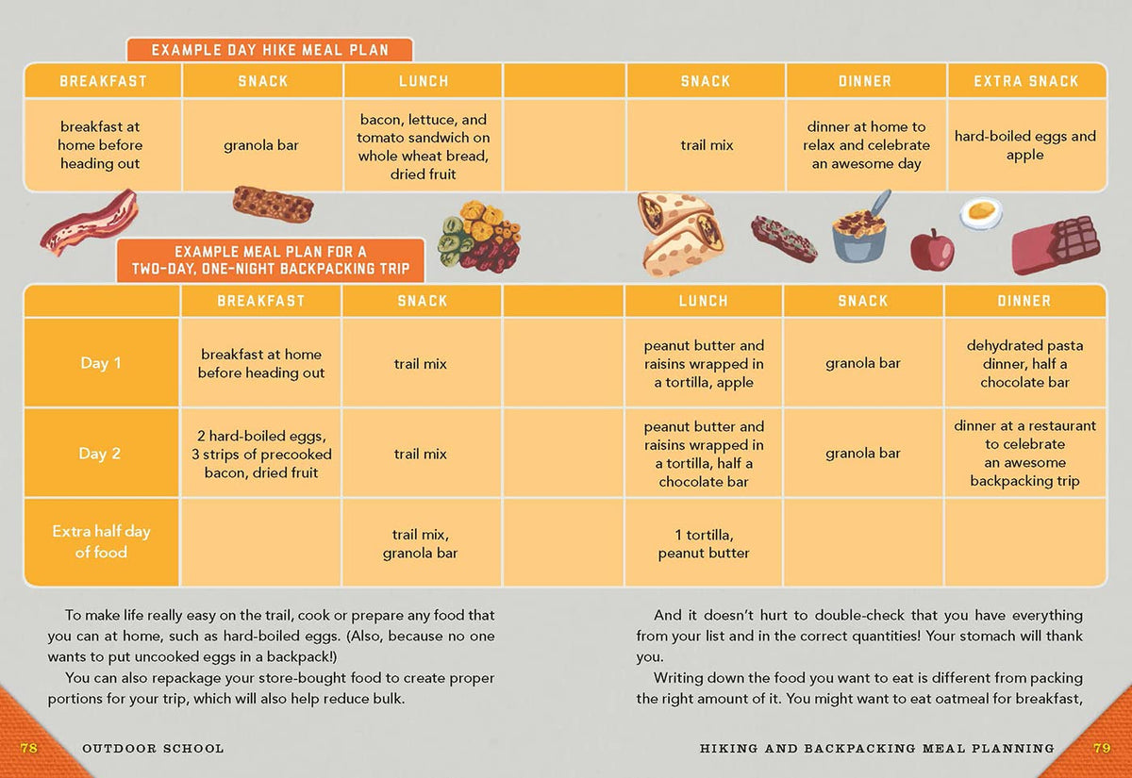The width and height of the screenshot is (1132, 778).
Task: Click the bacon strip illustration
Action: coord(89,222)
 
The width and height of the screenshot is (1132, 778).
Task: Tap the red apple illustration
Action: coord(931,250)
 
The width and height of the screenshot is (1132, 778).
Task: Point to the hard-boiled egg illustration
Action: coord(981,212)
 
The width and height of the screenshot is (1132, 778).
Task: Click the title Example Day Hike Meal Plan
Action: coord(270,50)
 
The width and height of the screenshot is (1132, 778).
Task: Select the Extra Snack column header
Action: coord(1025,81)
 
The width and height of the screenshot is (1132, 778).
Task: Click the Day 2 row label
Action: coord(100,454)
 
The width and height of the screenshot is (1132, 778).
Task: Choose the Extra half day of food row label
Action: coord(101,541)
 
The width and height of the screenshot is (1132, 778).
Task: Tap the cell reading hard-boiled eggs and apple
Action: coord(1025,145)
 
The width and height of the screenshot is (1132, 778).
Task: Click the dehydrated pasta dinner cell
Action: coord(1024,364)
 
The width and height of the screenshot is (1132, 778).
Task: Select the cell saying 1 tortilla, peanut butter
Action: coord(704,544)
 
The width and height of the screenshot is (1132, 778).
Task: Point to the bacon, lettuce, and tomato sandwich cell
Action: coord(423,146)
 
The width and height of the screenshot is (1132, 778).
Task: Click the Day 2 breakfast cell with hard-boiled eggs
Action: coord(261,454)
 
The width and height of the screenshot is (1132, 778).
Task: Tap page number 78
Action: coord(29,748)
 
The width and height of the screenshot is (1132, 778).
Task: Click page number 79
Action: coord(1101,748)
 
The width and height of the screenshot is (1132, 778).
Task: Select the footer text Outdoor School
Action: coord(153,749)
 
